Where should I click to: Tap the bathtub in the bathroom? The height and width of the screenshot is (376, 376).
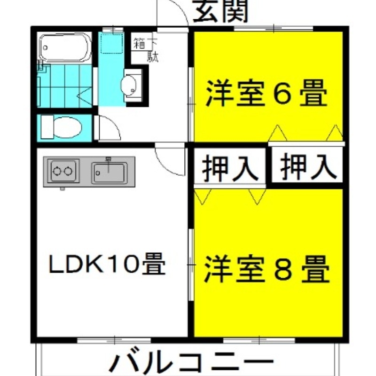coord(65,47)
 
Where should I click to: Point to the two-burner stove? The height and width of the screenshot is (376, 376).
coord(62,172)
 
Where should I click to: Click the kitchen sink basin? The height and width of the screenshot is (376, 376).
coord(109,172)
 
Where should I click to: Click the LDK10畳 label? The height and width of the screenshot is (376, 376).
coord(108,266)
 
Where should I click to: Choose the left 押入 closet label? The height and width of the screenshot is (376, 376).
coord(230,168)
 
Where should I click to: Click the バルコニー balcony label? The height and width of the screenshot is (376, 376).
coord(192,363)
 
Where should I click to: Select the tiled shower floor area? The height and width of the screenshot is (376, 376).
coord(64,86)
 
